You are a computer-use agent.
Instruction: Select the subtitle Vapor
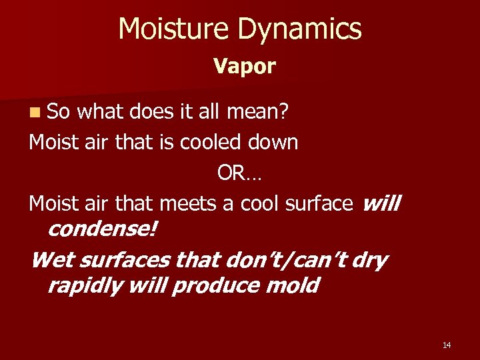coord(244,66)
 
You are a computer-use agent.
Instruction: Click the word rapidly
coord(85,285)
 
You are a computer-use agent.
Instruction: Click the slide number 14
coord(446,345)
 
